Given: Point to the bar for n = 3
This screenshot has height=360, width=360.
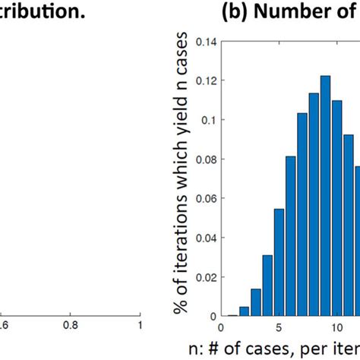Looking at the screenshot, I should [256, 302].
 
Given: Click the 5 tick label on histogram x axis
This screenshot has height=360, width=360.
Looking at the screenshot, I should [278, 327].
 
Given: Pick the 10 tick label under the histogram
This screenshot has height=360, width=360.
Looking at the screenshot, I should [336, 327].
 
